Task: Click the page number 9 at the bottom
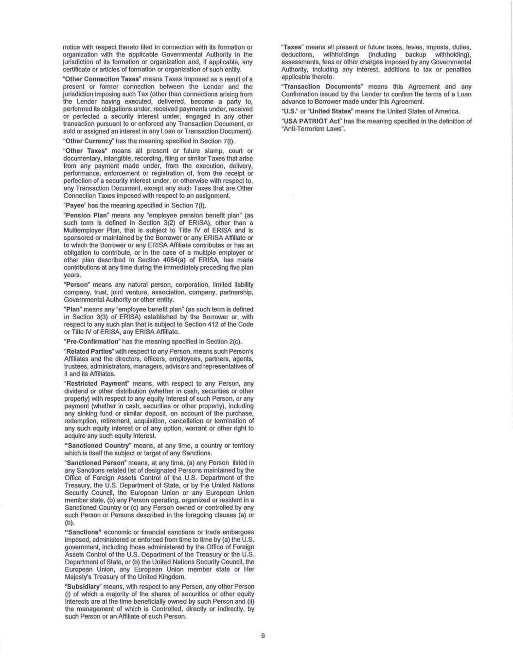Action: click(263, 635)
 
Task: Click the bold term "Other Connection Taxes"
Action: click(91, 79)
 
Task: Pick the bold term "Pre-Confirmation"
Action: click(91, 341)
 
